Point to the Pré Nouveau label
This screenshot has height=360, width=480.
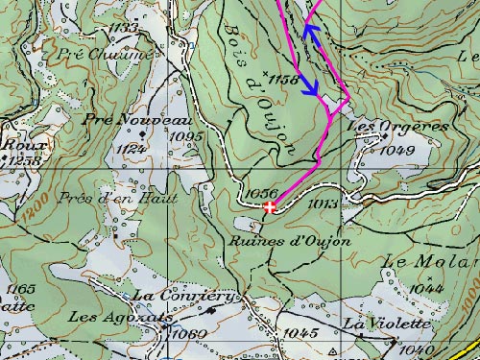pos(137,119)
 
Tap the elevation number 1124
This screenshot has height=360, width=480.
pos(131,150)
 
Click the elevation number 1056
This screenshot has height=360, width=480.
pos(261,194)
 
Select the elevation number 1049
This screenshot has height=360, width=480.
pos(397,151)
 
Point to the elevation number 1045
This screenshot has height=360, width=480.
pos(301,332)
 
